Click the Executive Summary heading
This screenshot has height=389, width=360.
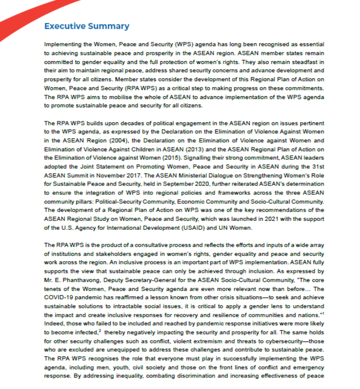click(87, 26)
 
